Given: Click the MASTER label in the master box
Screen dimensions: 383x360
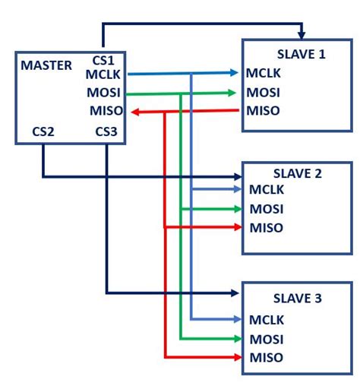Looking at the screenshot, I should (46, 65).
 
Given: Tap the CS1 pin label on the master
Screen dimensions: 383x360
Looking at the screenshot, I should (103, 60).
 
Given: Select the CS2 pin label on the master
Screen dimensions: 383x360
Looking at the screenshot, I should (43, 131).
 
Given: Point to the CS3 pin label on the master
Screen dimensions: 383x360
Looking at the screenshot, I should (107, 131).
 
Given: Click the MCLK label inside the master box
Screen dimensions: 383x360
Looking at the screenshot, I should (102, 74).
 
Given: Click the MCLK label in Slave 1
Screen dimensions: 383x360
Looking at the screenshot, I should (264, 74).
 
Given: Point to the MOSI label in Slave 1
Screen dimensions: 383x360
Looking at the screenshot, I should (264, 93).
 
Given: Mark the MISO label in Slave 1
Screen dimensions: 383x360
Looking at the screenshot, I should (264, 112).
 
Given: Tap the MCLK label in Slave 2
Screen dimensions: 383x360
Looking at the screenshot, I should (267, 190).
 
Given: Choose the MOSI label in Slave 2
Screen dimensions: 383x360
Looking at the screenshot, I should (267, 209).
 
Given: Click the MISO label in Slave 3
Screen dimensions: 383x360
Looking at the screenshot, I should (267, 358).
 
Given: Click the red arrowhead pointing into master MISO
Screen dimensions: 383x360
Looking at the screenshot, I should (134, 112).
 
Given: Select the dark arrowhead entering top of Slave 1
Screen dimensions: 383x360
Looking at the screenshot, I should (302, 35).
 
